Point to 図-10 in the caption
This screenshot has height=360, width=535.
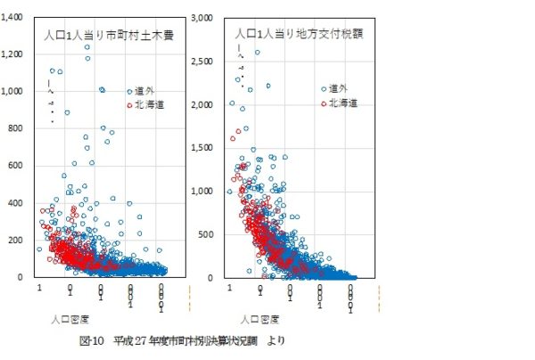point(92,340)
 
